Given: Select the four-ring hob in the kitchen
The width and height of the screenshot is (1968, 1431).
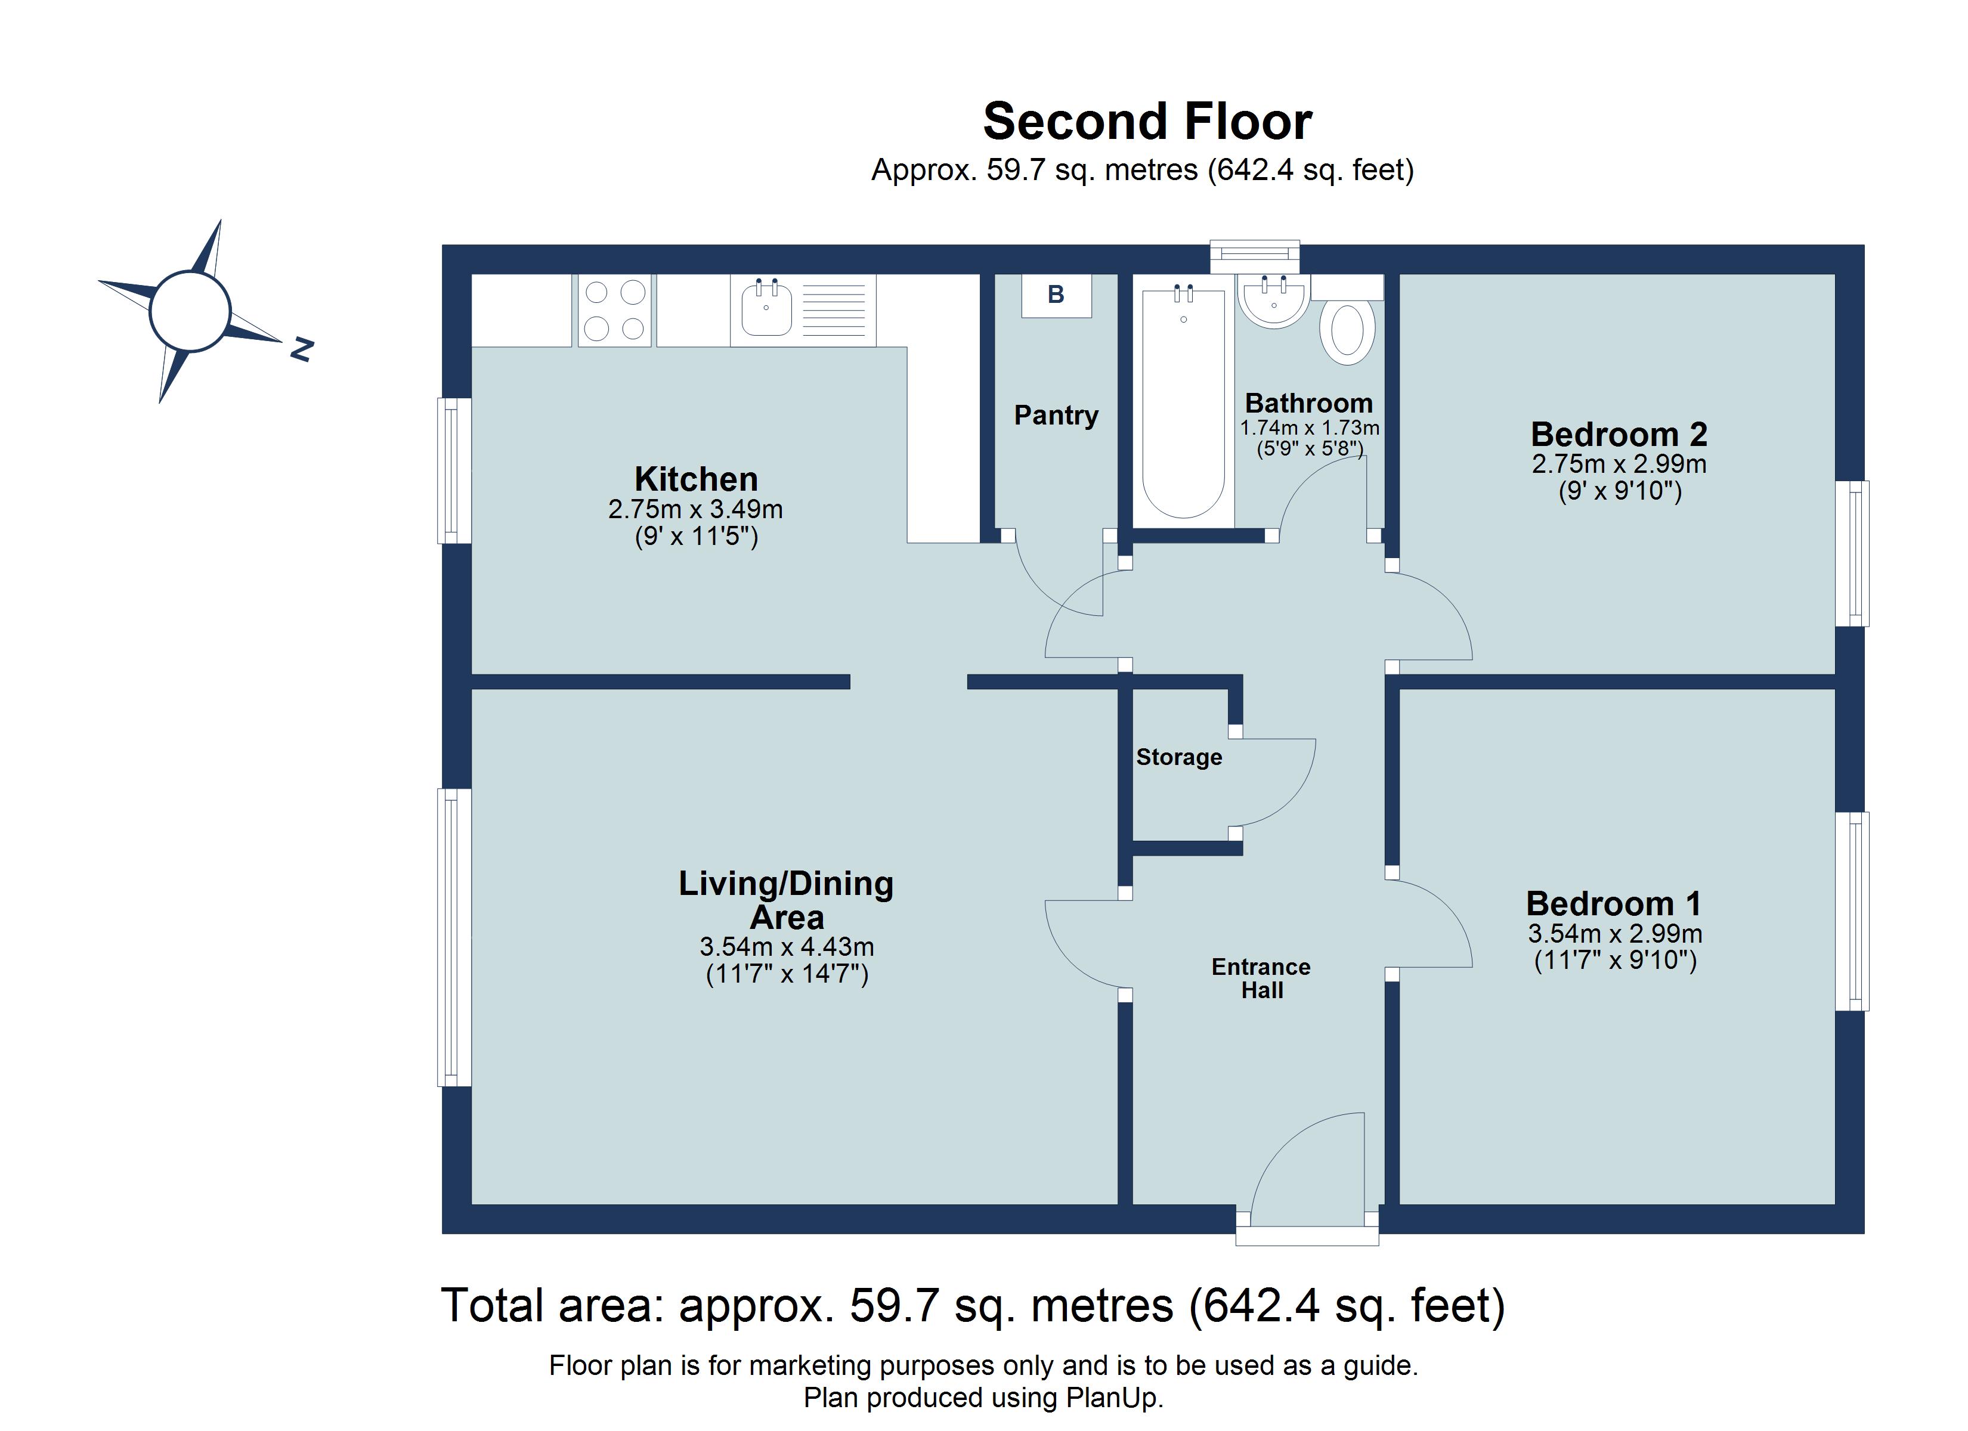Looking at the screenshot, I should coord(614,310).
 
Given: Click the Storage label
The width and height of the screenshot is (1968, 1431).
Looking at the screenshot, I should coord(1178,758).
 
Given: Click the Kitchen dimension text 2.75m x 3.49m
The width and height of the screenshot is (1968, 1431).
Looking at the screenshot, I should coord(695,509).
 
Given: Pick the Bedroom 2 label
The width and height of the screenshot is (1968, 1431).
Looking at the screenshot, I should coord(1619,434).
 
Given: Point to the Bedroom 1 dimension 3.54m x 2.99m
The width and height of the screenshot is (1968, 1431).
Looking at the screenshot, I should coord(1614,934).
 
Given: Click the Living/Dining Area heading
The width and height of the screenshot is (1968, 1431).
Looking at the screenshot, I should coord(786,900).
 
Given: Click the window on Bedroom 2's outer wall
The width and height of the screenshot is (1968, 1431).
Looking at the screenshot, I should coord(1852,554).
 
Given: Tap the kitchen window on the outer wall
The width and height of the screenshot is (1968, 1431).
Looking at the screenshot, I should coord(453,470).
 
